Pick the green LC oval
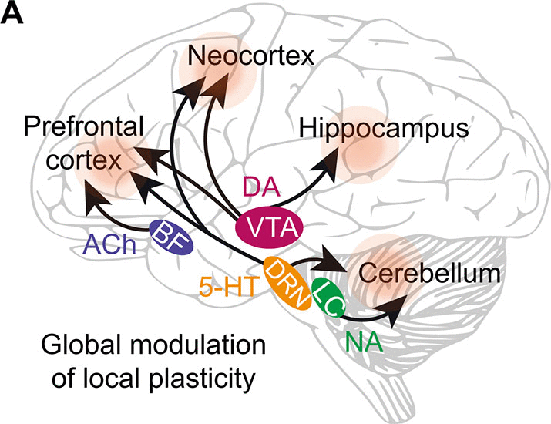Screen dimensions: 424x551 tap(326, 295)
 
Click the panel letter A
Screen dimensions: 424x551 tap(13, 13)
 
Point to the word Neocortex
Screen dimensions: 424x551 tap(230, 56)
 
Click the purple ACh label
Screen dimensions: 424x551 tap(109, 248)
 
